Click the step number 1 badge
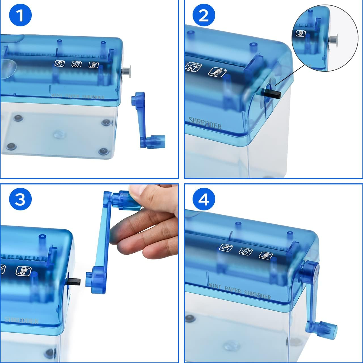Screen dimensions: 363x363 [20, 15]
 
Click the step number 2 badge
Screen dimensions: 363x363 [204, 15]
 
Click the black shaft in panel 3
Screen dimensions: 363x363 [74, 282]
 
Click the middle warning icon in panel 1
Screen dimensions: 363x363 [77, 64]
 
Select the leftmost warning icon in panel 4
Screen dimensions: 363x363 [226, 248]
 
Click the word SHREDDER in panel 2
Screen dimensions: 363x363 [205, 123]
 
